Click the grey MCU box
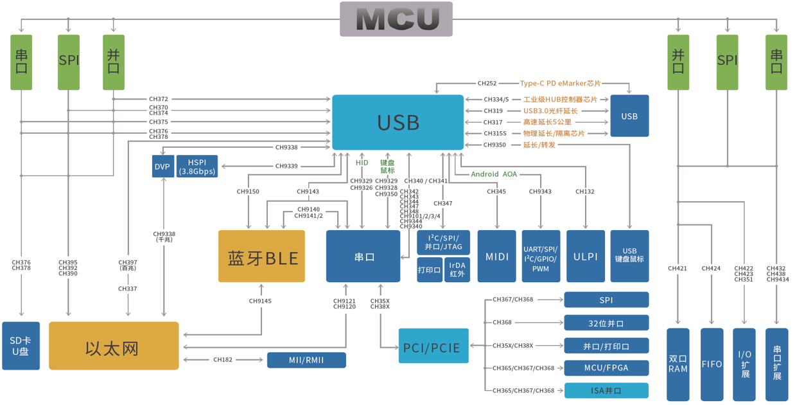pos(396,19)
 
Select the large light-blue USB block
pos(397,123)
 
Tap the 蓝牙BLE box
pos(261,256)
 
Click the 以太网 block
pos(114,346)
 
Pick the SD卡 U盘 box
pos(21,346)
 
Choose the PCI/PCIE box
pos(433,346)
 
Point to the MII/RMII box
pos(306,360)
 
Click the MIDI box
pos(497,256)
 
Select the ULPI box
pos(586,256)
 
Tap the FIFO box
pos(712,364)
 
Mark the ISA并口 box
pos(606,390)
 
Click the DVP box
pos(162,166)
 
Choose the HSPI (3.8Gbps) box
pos(197,166)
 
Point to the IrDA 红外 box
pos(457,270)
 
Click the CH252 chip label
pos(487,84)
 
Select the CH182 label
pos(223,360)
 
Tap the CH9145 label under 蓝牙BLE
pos(260,301)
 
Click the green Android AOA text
pos(493,174)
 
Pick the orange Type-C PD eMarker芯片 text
pos(560,84)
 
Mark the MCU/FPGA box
pos(606,368)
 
